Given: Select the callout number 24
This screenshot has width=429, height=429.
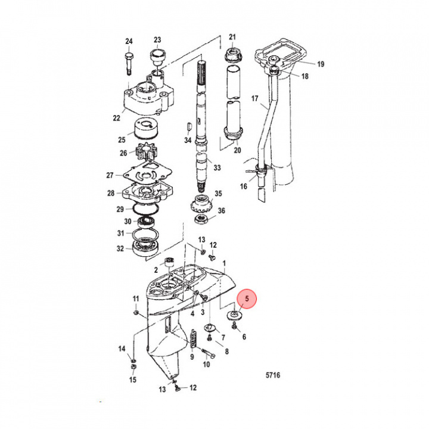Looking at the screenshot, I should [129, 41].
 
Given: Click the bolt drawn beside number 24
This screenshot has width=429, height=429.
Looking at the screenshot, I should [128, 62].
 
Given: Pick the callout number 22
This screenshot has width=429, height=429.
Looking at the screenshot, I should [117, 118].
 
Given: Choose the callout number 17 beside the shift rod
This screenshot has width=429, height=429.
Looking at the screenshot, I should [254, 98].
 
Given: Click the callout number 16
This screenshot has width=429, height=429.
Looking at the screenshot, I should [243, 186].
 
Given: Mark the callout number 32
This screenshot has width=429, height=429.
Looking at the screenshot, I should [120, 248].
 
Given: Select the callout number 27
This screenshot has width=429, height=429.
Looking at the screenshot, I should [110, 175].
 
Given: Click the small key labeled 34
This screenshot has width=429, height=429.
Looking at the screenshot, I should [189, 126].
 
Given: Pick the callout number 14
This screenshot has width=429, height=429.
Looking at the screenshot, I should [122, 349].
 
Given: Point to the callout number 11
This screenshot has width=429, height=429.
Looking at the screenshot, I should [135, 299].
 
